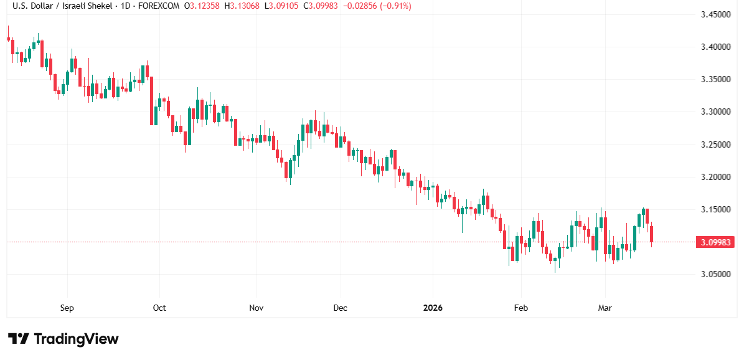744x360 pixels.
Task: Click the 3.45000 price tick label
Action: pyautogui.click(x=714, y=14)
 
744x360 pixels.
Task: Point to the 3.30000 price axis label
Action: pyautogui.click(x=714, y=111)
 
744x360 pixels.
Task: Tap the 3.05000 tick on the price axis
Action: pyautogui.click(x=714, y=274)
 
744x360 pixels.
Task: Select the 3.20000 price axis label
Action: pyautogui.click(x=714, y=177)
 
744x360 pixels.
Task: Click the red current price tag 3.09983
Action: pyautogui.click(x=715, y=242)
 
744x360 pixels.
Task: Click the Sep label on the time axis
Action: pyautogui.click(x=67, y=308)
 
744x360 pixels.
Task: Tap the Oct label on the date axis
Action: pyautogui.click(x=159, y=308)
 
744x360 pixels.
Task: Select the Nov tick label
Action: pyautogui.click(x=256, y=308)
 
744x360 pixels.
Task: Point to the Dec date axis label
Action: pyautogui.click(x=341, y=308)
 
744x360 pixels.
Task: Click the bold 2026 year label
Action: pyautogui.click(x=433, y=308)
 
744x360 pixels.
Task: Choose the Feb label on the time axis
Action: pyautogui.click(x=520, y=308)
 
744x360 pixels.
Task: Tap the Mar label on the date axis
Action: pyautogui.click(x=605, y=308)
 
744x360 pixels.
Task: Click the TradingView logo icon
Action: pyautogui.click(x=18, y=339)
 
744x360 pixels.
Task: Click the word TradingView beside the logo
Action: pyautogui.click(x=76, y=339)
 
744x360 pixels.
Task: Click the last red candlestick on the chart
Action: pyautogui.click(x=652, y=234)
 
